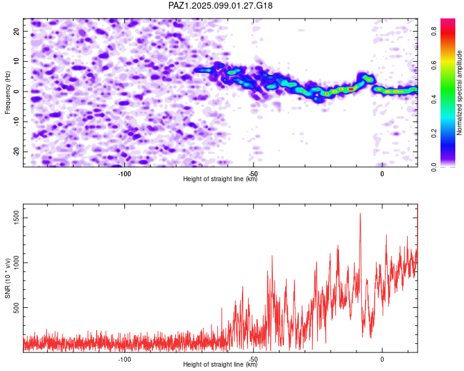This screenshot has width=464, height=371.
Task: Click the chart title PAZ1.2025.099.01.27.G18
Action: coord(220,6)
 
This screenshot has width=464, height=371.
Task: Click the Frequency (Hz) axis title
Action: coord(7,92)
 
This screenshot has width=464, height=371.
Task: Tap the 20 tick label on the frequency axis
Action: coord(17,31)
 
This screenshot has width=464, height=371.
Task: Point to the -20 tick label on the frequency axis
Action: coord(17,152)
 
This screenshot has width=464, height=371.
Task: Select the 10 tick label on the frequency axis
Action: coord(17,61)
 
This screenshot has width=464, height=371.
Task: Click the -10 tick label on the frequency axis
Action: coord(17,122)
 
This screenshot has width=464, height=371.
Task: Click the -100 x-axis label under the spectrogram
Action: coord(124,174)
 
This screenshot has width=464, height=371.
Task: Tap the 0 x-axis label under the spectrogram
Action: coord(382,174)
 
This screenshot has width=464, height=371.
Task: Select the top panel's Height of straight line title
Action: coord(220,179)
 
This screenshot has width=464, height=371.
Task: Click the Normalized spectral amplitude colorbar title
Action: coord(459,93)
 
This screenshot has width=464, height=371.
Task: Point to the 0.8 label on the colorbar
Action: coord(434,31)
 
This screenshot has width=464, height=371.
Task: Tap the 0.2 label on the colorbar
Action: coord(434,133)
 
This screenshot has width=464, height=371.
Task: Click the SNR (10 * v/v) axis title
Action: coord(7,278)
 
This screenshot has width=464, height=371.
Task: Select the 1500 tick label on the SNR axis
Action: coord(17,218)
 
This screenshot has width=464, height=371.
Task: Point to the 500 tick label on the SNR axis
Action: coord(17,308)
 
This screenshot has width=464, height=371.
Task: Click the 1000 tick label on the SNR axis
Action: coord(17,262)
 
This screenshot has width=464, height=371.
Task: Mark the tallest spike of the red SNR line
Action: coord(360,213)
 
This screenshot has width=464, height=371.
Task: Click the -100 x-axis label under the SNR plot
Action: coord(124,359)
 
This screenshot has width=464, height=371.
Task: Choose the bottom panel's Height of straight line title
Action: coord(220,364)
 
